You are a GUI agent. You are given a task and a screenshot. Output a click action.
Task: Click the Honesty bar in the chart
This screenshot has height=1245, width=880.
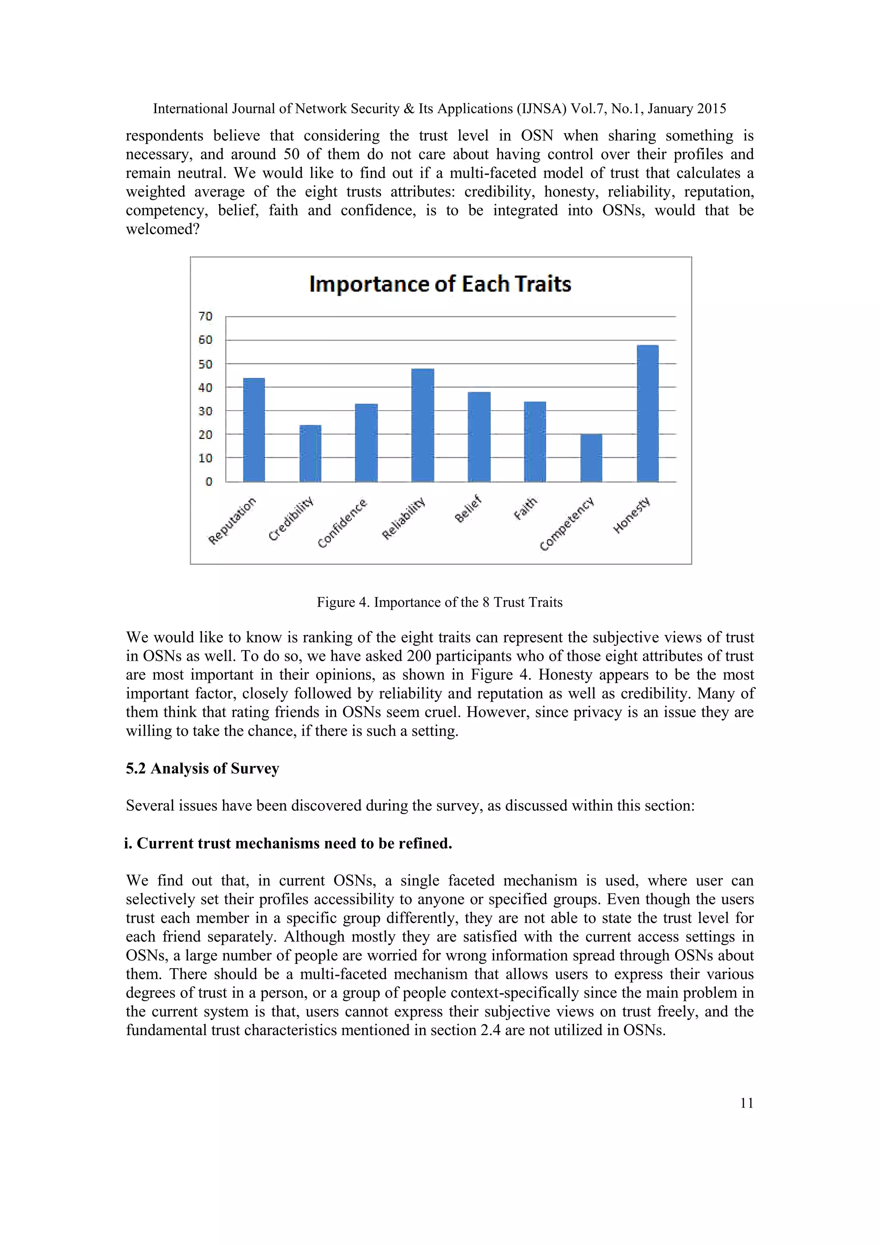pyautogui.click(x=647, y=413)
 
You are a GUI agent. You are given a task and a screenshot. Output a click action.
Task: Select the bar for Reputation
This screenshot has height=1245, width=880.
pyautogui.click(x=254, y=429)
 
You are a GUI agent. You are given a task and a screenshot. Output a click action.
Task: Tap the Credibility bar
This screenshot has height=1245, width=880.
pyautogui.click(x=310, y=453)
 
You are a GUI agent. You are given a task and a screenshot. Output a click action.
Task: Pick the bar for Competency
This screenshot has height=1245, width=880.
pyautogui.click(x=591, y=458)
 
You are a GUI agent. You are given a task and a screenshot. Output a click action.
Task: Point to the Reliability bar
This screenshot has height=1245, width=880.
pyautogui.click(x=423, y=425)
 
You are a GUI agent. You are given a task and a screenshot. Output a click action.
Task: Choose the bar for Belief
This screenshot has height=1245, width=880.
pyautogui.click(x=479, y=436)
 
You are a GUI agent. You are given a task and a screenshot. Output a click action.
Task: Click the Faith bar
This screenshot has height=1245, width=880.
pyautogui.click(x=535, y=442)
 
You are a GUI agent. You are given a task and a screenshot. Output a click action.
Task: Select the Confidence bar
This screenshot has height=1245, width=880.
pyautogui.click(x=366, y=442)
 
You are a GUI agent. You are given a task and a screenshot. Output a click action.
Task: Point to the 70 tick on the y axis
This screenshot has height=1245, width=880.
pyautogui.click(x=205, y=316)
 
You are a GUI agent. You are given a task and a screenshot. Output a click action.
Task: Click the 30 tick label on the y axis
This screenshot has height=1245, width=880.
pyautogui.click(x=205, y=411)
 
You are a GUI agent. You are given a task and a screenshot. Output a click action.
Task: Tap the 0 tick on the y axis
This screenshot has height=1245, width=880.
pyautogui.click(x=209, y=481)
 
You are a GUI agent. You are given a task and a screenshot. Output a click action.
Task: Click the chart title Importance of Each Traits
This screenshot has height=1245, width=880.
pyautogui.click(x=440, y=284)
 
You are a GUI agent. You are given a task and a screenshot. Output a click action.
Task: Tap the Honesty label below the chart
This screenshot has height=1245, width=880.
pyautogui.click(x=631, y=515)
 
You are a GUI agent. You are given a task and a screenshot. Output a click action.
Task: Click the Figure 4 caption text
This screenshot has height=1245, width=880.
pyautogui.click(x=440, y=602)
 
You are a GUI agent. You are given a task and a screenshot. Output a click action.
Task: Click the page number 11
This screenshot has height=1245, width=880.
pyautogui.click(x=746, y=1103)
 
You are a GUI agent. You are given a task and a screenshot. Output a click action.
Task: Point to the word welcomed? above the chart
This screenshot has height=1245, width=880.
pyautogui.click(x=162, y=230)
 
